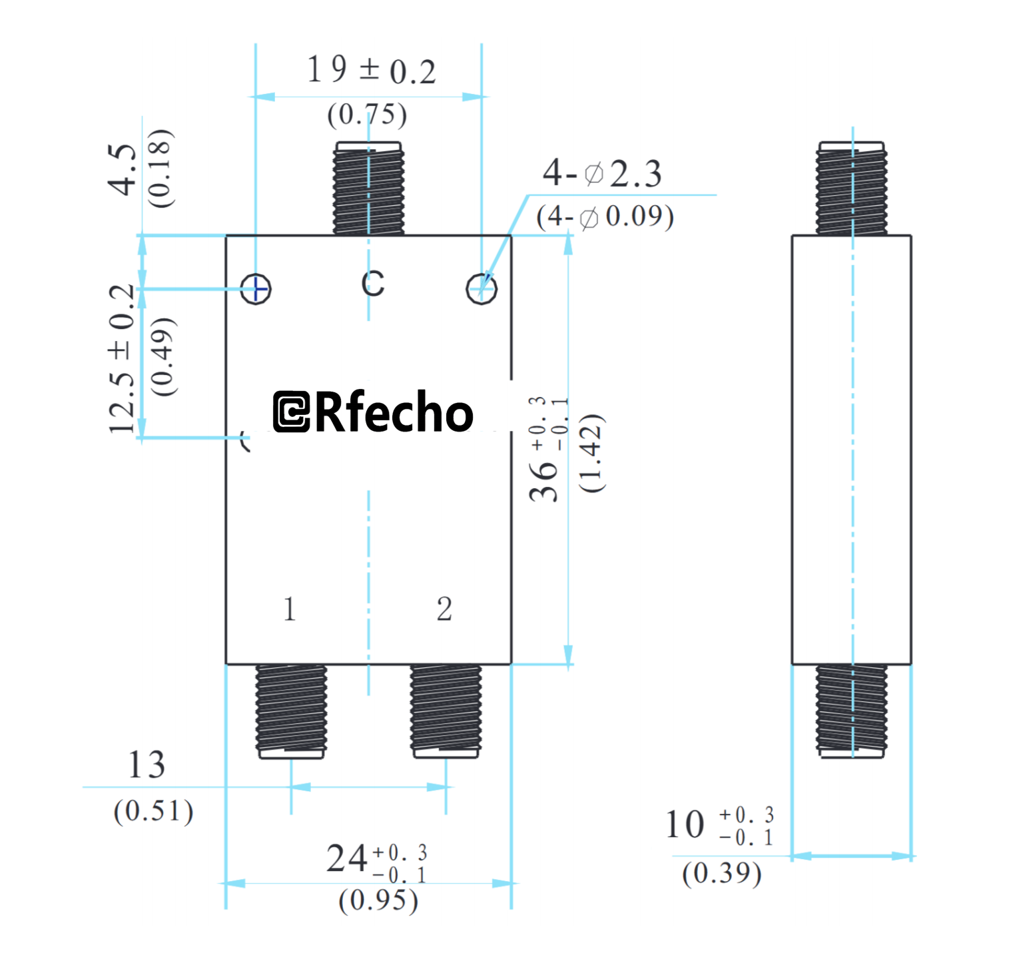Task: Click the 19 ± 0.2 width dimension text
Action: click(371, 70)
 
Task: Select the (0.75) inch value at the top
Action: click(367, 115)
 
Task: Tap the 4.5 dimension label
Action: click(123, 170)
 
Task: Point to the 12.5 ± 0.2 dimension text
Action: click(123, 360)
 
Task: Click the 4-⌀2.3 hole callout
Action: click(602, 174)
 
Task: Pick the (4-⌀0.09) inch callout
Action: click(605, 217)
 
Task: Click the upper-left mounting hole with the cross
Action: click(256, 289)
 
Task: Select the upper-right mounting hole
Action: click(482, 289)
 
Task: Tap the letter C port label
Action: click(373, 284)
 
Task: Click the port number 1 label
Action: click(289, 609)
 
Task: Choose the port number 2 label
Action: click(444, 609)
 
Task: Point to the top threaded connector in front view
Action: click(368, 188)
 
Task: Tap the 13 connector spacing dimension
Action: click(147, 765)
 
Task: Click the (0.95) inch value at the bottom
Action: click(378, 901)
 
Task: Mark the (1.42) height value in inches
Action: click(591, 453)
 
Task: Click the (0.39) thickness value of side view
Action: click(722, 873)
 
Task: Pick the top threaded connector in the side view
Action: click(852, 188)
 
